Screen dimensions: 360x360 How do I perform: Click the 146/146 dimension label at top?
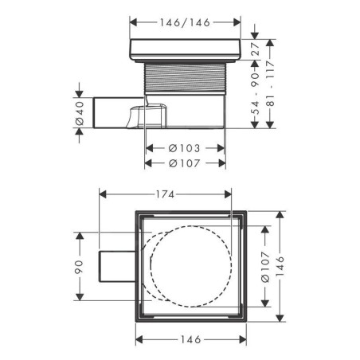(x=185, y=22)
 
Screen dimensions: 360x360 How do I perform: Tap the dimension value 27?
(x=256, y=49)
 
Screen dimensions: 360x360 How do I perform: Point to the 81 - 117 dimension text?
(x=270, y=83)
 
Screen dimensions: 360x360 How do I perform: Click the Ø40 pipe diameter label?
(x=80, y=113)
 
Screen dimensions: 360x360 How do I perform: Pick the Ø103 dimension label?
(x=184, y=148)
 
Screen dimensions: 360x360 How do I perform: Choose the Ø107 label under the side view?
(x=184, y=163)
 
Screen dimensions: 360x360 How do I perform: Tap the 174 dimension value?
(x=165, y=194)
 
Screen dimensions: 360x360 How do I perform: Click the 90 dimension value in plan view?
(x=79, y=267)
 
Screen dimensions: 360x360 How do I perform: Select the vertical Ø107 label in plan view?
(x=265, y=267)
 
